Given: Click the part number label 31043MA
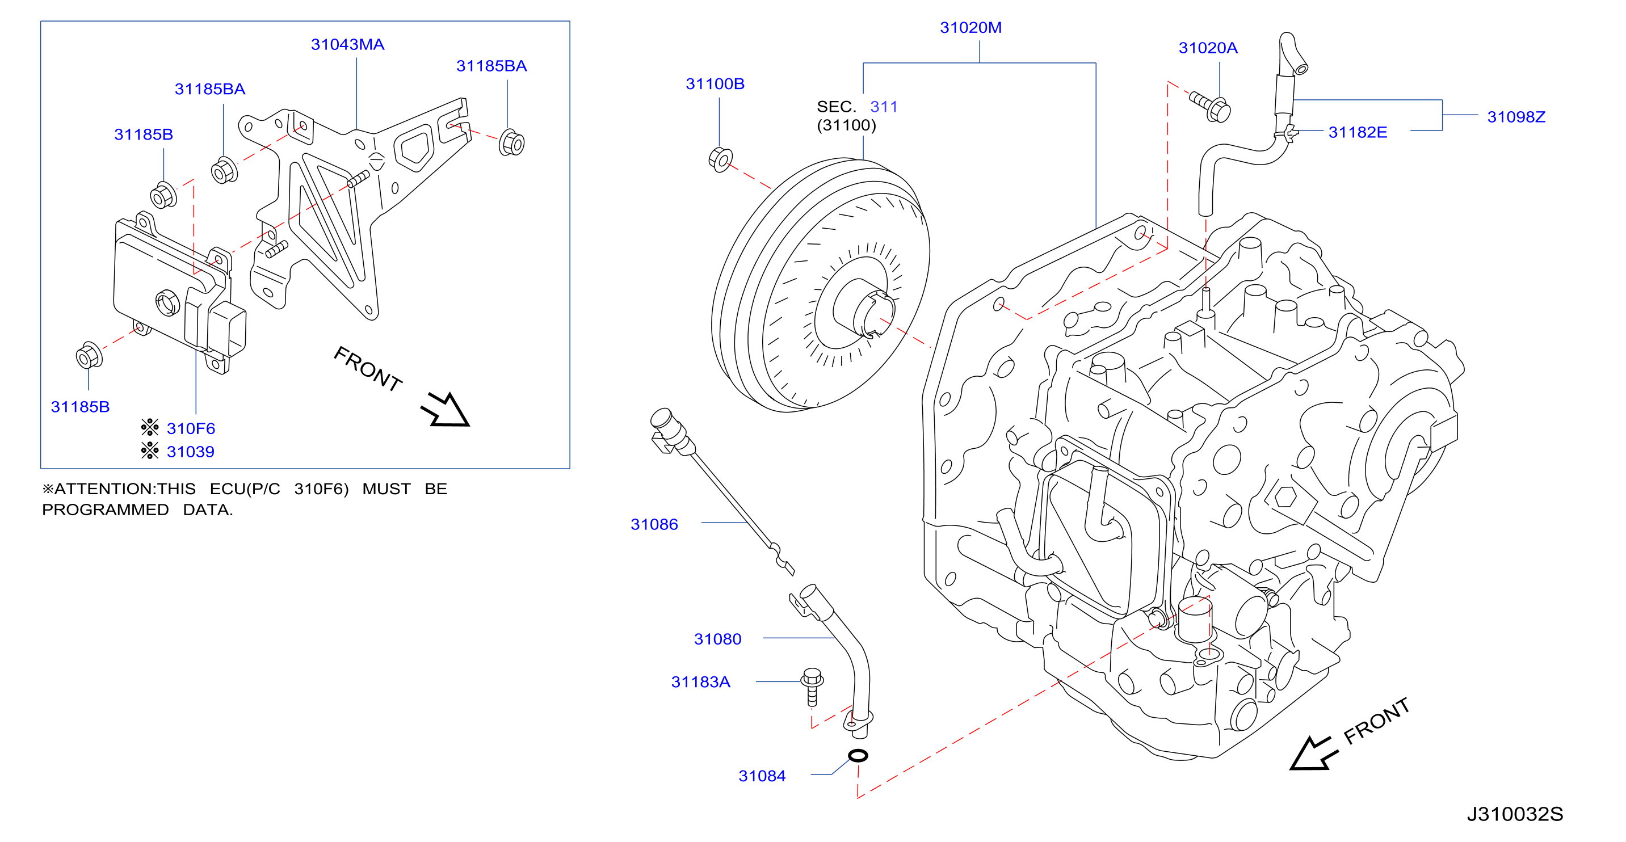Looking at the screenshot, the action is coord(347,45).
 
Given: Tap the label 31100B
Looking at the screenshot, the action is coord(715,84).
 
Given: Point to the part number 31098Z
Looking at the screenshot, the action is coord(1515,117).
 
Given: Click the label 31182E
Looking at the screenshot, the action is coord(1357,133).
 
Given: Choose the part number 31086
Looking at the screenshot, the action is coord(654,524).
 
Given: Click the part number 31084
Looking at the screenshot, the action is coord(762,776).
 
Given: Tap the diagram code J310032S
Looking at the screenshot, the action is coord(1514,814).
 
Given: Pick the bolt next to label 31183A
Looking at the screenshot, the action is coord(812,686).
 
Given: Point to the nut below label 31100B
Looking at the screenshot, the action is coord(720,159).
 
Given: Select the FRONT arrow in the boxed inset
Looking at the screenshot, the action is coord(446,410).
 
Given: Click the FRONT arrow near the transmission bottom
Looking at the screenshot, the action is coord(1313,753).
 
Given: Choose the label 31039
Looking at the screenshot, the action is coord(190,452).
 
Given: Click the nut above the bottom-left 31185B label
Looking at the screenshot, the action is coord(89,355).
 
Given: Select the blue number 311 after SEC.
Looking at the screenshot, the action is coord(884,107).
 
